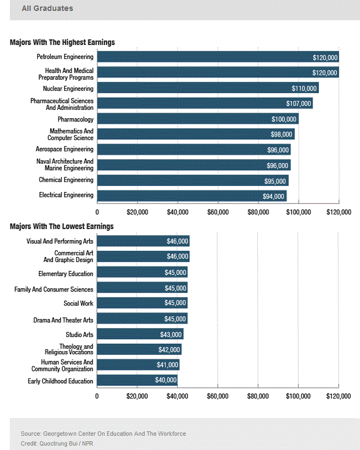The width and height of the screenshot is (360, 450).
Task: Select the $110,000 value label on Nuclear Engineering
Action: point(304,89)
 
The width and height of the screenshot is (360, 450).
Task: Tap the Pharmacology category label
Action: point(76,119)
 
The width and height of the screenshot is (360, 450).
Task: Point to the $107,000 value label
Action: point(299,104)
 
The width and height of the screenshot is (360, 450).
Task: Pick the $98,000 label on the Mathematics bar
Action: point(282,135)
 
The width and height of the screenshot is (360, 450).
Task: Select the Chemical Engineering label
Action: point(66,180)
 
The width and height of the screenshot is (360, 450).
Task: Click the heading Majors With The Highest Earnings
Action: point(62,42)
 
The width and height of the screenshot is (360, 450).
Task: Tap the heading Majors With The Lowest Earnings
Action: point(62,226)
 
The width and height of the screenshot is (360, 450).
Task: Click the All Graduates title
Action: point(47,8)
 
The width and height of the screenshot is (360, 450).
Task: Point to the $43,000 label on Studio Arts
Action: point(171,335)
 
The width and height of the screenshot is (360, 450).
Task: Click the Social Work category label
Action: point(78,303)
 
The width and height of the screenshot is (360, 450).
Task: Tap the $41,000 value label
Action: point(167,365)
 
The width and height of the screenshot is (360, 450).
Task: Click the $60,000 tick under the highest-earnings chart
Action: point(218,212)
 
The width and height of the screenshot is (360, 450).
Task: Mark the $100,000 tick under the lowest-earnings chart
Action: point(298,396)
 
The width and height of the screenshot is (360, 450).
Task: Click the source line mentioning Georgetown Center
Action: point(103,434)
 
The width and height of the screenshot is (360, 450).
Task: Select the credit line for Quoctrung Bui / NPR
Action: point(54,443)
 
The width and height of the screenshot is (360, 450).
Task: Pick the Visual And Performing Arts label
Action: point(60,241)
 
